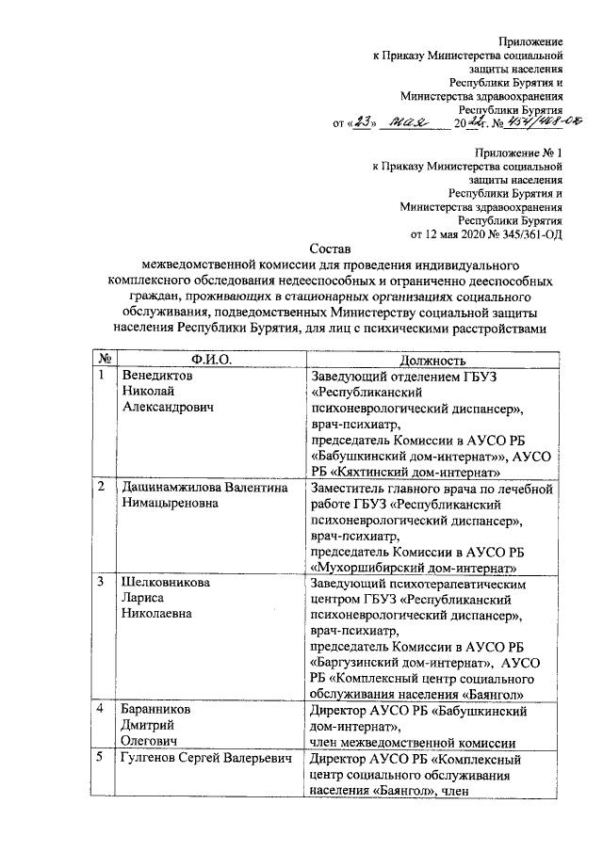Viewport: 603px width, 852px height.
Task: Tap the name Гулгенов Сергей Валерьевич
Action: (202, 758)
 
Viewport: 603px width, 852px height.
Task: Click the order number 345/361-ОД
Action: (524, 233)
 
